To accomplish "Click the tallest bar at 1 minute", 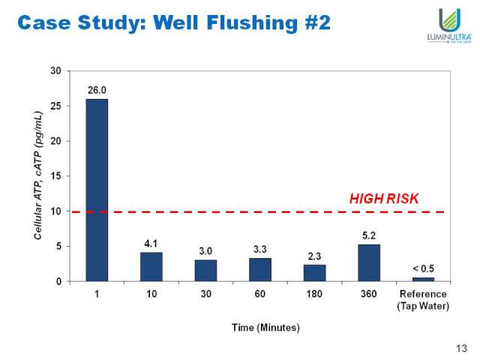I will [x=97, y=190].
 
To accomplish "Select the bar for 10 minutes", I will [x=151, y=267].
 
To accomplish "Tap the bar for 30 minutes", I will [x=205, y=271].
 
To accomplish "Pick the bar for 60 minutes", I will [x=260, y=270].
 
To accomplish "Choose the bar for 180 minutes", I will [x=314, y=273].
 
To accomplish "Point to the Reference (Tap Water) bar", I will [x=423, y=279].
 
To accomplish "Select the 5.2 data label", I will [x=369, y=235].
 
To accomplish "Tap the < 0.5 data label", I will [x=423, y=268].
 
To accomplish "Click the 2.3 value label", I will [x=314, y=256].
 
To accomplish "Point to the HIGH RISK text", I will [x=383, y=199].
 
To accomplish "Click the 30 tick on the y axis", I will [x=55, y=70].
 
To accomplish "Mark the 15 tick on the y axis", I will [x=55, y=176].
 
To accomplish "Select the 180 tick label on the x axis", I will [x=314, y=294].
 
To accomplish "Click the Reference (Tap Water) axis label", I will [x=423, y=299].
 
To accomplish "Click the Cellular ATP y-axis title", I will [x=37, y=176].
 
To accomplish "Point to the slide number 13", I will [x=461, y=347].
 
